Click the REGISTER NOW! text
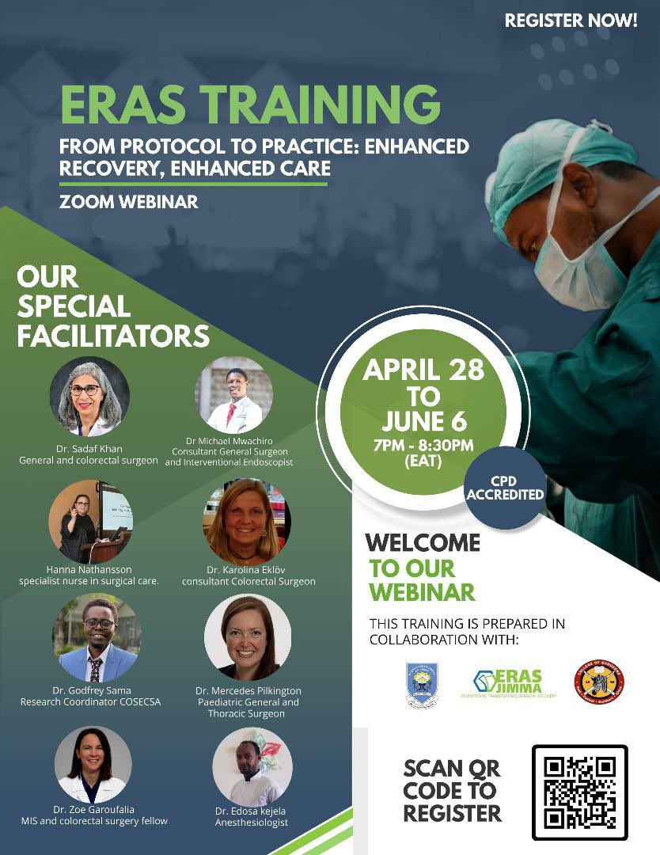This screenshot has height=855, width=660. pos(571,21)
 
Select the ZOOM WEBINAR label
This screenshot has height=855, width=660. pos(128,202)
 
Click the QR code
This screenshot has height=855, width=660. pos(579,792)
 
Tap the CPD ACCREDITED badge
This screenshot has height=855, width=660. pos(505,488)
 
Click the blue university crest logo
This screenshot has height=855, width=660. pos(422,684)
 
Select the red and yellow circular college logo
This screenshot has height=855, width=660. pos(598,682)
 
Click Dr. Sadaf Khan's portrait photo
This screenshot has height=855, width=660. pos(89,397)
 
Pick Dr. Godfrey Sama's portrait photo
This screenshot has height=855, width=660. pos(97,638)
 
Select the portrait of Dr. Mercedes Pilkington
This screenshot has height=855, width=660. pos(247,638)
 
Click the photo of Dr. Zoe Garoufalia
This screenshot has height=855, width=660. pos(93,765)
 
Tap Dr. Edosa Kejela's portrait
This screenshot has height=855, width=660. pos(252,766)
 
